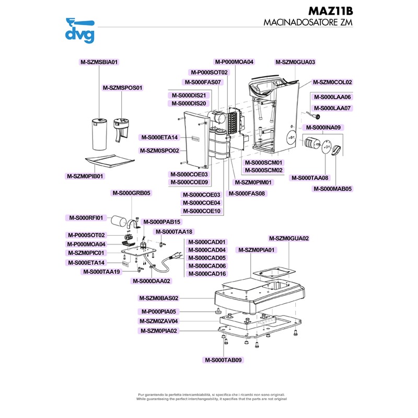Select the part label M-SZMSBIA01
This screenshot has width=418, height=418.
99,62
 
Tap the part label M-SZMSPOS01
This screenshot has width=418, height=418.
122,88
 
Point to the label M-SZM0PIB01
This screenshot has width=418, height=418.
85,176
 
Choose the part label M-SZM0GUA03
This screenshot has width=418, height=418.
295,62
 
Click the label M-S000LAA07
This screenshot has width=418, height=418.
333,108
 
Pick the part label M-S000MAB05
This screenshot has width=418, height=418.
332,189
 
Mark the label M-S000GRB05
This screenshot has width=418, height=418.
132,193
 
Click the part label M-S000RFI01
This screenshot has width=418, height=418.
87,217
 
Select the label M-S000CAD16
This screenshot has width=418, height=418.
207,274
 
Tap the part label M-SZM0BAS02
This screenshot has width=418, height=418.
159,298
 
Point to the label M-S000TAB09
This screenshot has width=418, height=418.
224,360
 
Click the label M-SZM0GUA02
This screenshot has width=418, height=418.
289,238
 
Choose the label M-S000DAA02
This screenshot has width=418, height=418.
152,281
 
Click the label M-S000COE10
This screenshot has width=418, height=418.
202,211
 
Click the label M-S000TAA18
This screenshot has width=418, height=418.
174,231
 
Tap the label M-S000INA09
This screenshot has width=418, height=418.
322,127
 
